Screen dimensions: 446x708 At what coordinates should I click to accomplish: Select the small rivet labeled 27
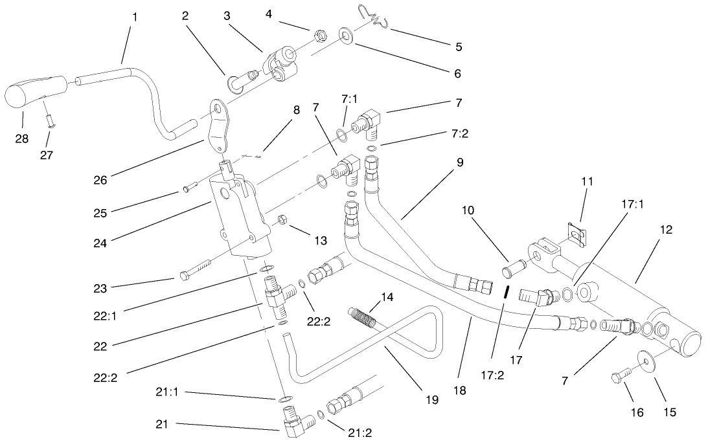49,120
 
